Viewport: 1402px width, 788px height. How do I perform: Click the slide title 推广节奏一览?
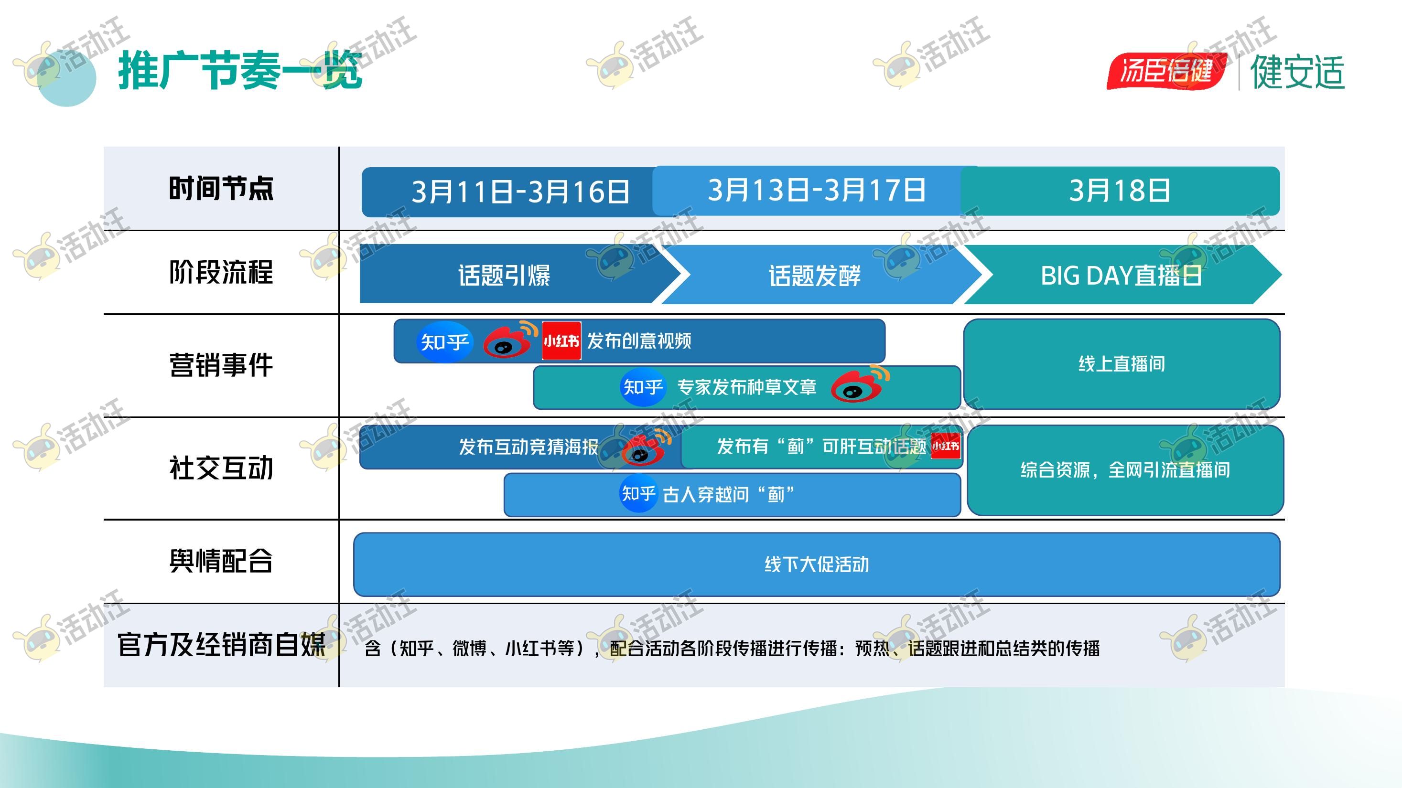pyautogui.click(x=240, y=70)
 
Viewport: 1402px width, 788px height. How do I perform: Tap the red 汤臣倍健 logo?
pyautogui.click(x=1166, y=71)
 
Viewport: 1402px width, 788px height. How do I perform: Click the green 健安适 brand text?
pyautogui.click(x=1297, y=72)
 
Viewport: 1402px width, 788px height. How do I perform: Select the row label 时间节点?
pyautogui.click(x=221, y=189)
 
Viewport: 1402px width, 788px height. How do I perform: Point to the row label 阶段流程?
pyautogui.click(x=221, y=272)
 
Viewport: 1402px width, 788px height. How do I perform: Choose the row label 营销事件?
pyautogui.click(x=221, y=365)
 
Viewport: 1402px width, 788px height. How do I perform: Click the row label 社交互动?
pyautogui.click(x=221, y=468)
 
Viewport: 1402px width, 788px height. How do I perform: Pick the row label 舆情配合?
pyautogui.click(x=221, y=561)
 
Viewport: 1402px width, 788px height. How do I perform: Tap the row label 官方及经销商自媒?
pyautogui.click(x=221, y=645)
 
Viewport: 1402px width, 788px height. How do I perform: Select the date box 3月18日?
pyautogui.click(x=1120, y=191)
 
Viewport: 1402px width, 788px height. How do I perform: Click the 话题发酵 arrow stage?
pyautogui.click(x=815, y=275)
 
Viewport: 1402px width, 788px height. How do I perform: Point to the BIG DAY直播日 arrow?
pyautogui.click(x=1121, y=275)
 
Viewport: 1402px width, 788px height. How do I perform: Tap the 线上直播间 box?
pyautogui.click(x=1122, y=364)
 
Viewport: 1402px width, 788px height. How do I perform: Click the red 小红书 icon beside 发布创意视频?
pyautogui.click(x=561, y=341)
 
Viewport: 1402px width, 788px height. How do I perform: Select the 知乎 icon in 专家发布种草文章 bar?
pyautogui.click(x=643, y=387)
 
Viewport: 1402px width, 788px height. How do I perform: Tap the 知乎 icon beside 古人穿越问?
pyautogui.click(x=638, y=493)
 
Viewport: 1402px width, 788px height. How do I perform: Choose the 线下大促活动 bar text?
pyautogui.click(x=817, y=564)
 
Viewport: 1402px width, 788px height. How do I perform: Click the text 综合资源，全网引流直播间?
pyautogui.click(x=1125, y=470)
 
